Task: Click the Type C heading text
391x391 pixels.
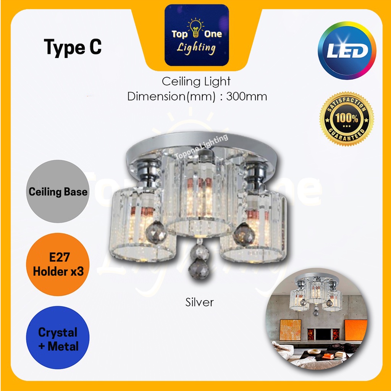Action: (x=73, y=48)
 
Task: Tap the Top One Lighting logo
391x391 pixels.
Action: (x=197, y=35)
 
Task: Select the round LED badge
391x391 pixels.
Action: (x=347, y=50)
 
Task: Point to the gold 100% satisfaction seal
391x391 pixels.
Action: (x=347, y=118)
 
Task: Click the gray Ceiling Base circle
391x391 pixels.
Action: (x=58, y=191)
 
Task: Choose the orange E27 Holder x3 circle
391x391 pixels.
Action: (x=58, y=265)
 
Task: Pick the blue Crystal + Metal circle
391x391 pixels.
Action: (x=58, y=339)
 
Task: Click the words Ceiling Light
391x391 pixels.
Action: (x=196, y=81)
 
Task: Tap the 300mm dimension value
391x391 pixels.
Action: (x=247, y=96)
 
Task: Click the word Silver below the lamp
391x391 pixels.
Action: (x=199, y=302)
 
